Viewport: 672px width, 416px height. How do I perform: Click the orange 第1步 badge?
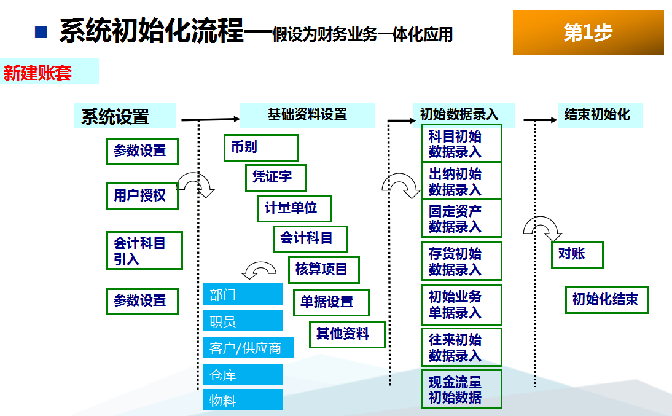(x=588, y=33)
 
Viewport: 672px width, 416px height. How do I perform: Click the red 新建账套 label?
(x=38, y=73)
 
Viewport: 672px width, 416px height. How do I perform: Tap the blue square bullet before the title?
(x=41, y=32)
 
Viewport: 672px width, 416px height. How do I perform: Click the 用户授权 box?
(x=142, y=196)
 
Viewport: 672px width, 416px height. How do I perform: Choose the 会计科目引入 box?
(x=144, y=251)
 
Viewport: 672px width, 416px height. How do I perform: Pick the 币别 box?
(x=261, y=147)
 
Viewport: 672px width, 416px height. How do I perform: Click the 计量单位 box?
(x=294, y=208)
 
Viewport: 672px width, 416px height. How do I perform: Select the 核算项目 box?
(x=323, y=269)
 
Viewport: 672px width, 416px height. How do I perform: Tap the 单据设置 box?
(x=331, y=302)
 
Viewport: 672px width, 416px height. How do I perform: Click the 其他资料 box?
(x=347, y=334)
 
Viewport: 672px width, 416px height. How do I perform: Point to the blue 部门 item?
(x=243, y=294)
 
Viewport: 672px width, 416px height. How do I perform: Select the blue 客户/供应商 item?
(x=248, y=348)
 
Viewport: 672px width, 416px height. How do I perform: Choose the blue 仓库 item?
(x=243, y=374)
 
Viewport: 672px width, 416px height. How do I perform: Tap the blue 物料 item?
(x=243, y=400)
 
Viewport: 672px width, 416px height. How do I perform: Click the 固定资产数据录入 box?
(x=461, y=218)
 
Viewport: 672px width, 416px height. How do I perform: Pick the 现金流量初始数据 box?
(x=461, y=390)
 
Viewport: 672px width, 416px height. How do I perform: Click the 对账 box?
(x=577, y=254)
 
